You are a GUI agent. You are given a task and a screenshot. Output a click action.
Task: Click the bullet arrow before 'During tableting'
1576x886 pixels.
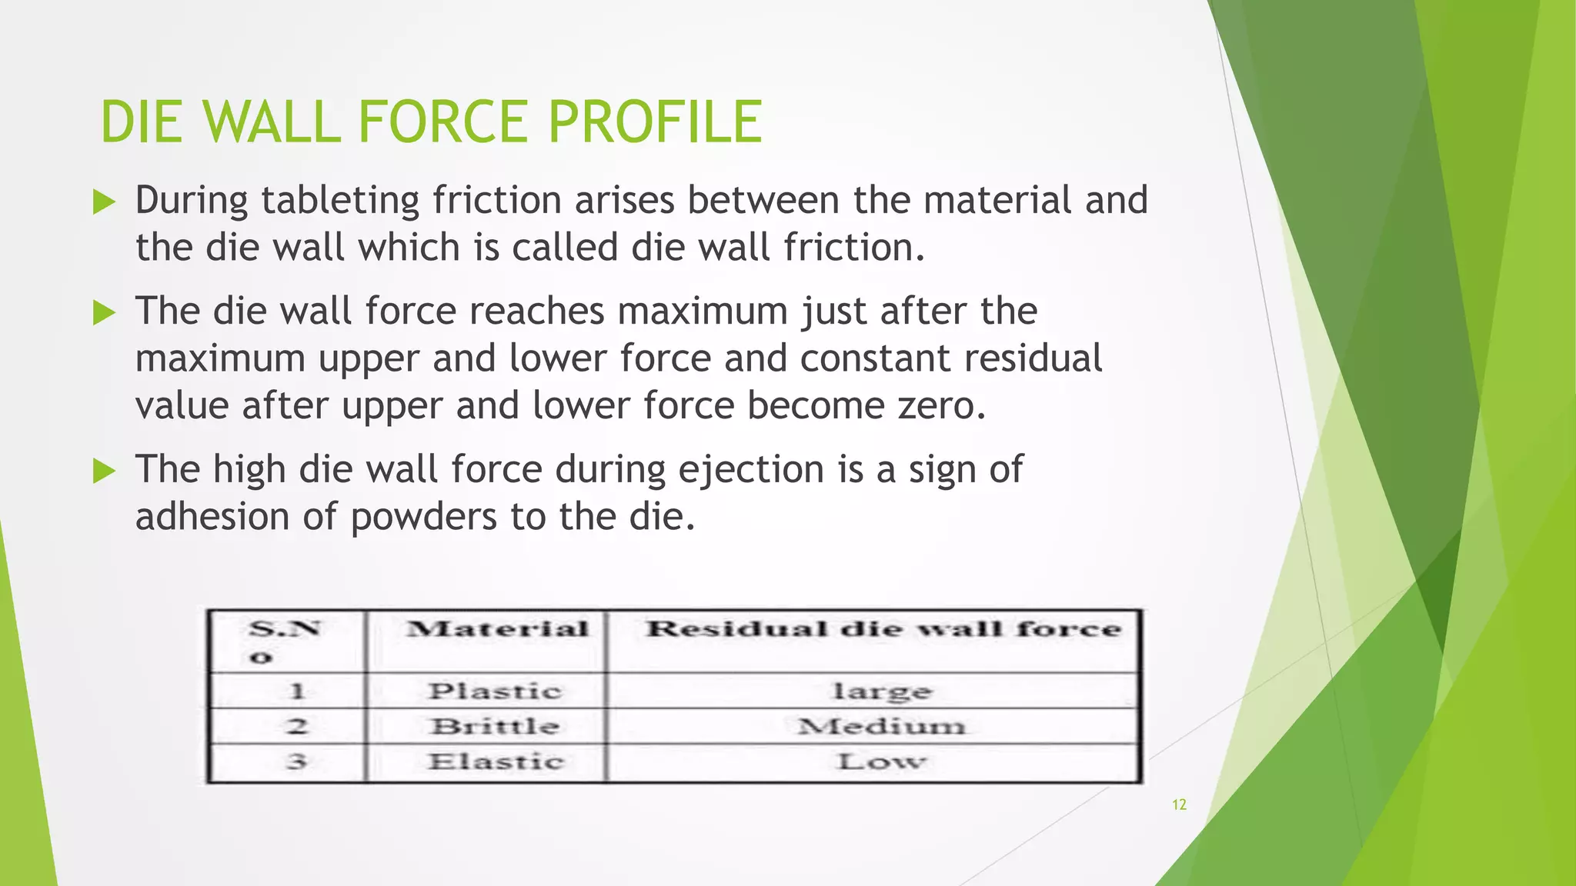pyautogui.click(x=104, y=202)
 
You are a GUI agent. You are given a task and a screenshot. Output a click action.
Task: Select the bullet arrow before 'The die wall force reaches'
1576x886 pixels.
pyautogui.click(x=104, y=313)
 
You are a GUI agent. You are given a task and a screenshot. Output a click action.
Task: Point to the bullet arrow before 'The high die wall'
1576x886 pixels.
pyautogui.click(x=104, y=471)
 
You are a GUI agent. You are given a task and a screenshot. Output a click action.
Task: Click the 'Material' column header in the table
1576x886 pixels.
pyautogui.click(x=497, y=629)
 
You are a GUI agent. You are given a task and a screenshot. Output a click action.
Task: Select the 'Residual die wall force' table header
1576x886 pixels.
pyautogui.click(x=883, y=629)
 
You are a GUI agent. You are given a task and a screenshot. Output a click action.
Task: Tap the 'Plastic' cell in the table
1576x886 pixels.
pyautogui.click(x=495, y=691)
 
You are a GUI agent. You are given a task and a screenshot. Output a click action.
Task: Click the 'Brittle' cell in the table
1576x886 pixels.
pyautogui.click(x=495, y=726)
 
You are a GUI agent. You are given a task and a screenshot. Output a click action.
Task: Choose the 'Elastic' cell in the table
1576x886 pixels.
pyautogui.click(x=496, y=762)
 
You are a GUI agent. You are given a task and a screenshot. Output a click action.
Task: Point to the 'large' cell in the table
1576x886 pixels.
pyautogui.click(x=883, y=691)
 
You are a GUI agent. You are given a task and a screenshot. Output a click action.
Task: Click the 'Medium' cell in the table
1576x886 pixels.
pyautogui.click(x=881, y=726)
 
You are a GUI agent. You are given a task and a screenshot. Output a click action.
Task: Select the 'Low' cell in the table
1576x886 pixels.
pyautogui.click(x=881, y=762)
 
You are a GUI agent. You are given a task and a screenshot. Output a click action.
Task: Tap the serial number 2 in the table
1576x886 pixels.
pyautogui.click(x=297, y=726)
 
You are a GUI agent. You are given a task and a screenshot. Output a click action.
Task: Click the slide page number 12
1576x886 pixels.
pyautogui.click(x=1179, y=804)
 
